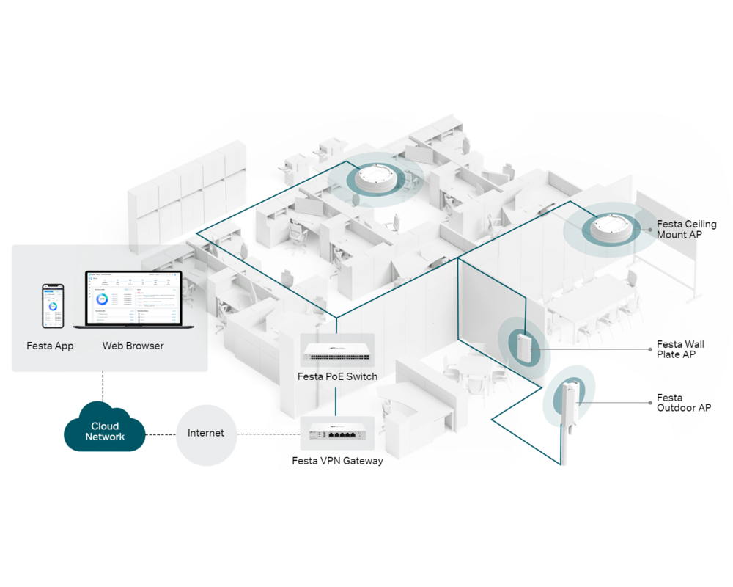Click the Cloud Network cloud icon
pos(105,431)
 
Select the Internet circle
pos(206,433)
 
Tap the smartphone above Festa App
pos(52,307)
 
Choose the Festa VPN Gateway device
pos(337,434)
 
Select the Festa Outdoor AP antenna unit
pos(568,400)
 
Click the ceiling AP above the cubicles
pos(374,179)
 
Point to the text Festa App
pos(50,346)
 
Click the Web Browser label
pos(133,346)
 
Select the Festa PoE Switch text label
pos(337,376)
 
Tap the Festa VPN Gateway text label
pos(337,461)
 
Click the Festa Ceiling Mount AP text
pos(686,229)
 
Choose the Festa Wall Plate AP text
pos(680,349)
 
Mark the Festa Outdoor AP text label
pos(683,403)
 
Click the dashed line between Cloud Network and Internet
pos(161,433)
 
